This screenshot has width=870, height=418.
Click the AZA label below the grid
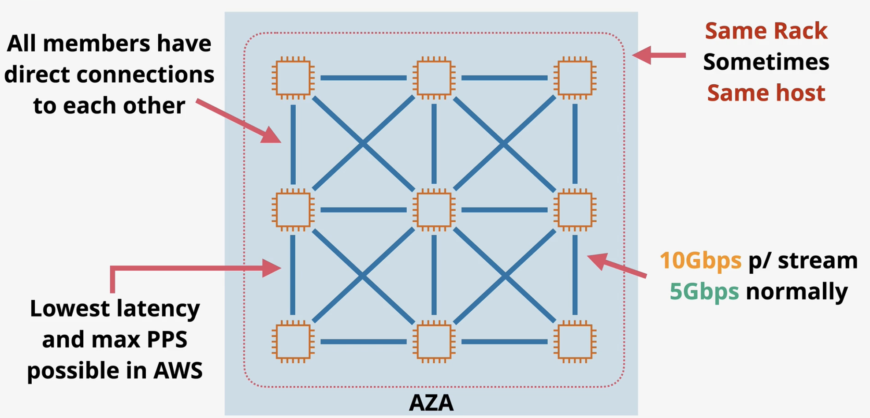[x=431, y=402]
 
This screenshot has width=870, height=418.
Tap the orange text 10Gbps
[x=700, y=261]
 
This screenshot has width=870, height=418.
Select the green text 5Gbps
[x=704, y=291]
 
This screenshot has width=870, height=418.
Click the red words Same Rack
[x=766, y=31]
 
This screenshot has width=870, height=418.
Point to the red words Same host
[x=766, y=93]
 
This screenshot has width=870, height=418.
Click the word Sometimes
[x=766, y=62]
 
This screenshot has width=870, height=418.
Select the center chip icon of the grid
[x=434, y=210]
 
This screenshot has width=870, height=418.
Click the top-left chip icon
[x=293, y=78]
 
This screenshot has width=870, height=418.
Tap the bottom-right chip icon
[x=575, y=342]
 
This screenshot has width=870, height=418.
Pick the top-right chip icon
[x=575, y=78]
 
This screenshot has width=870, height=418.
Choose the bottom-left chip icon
[x=293, y=342]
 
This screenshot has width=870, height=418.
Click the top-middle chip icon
[x=434, y=78]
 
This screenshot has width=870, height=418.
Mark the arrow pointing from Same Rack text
[x=659, y=55]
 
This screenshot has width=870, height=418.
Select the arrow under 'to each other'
[x=238, y=121]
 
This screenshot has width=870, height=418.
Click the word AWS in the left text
[x=178, y=370]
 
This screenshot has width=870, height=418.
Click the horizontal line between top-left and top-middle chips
[x=364, y=78]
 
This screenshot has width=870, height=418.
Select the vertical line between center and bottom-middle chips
[x=434, y=275]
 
